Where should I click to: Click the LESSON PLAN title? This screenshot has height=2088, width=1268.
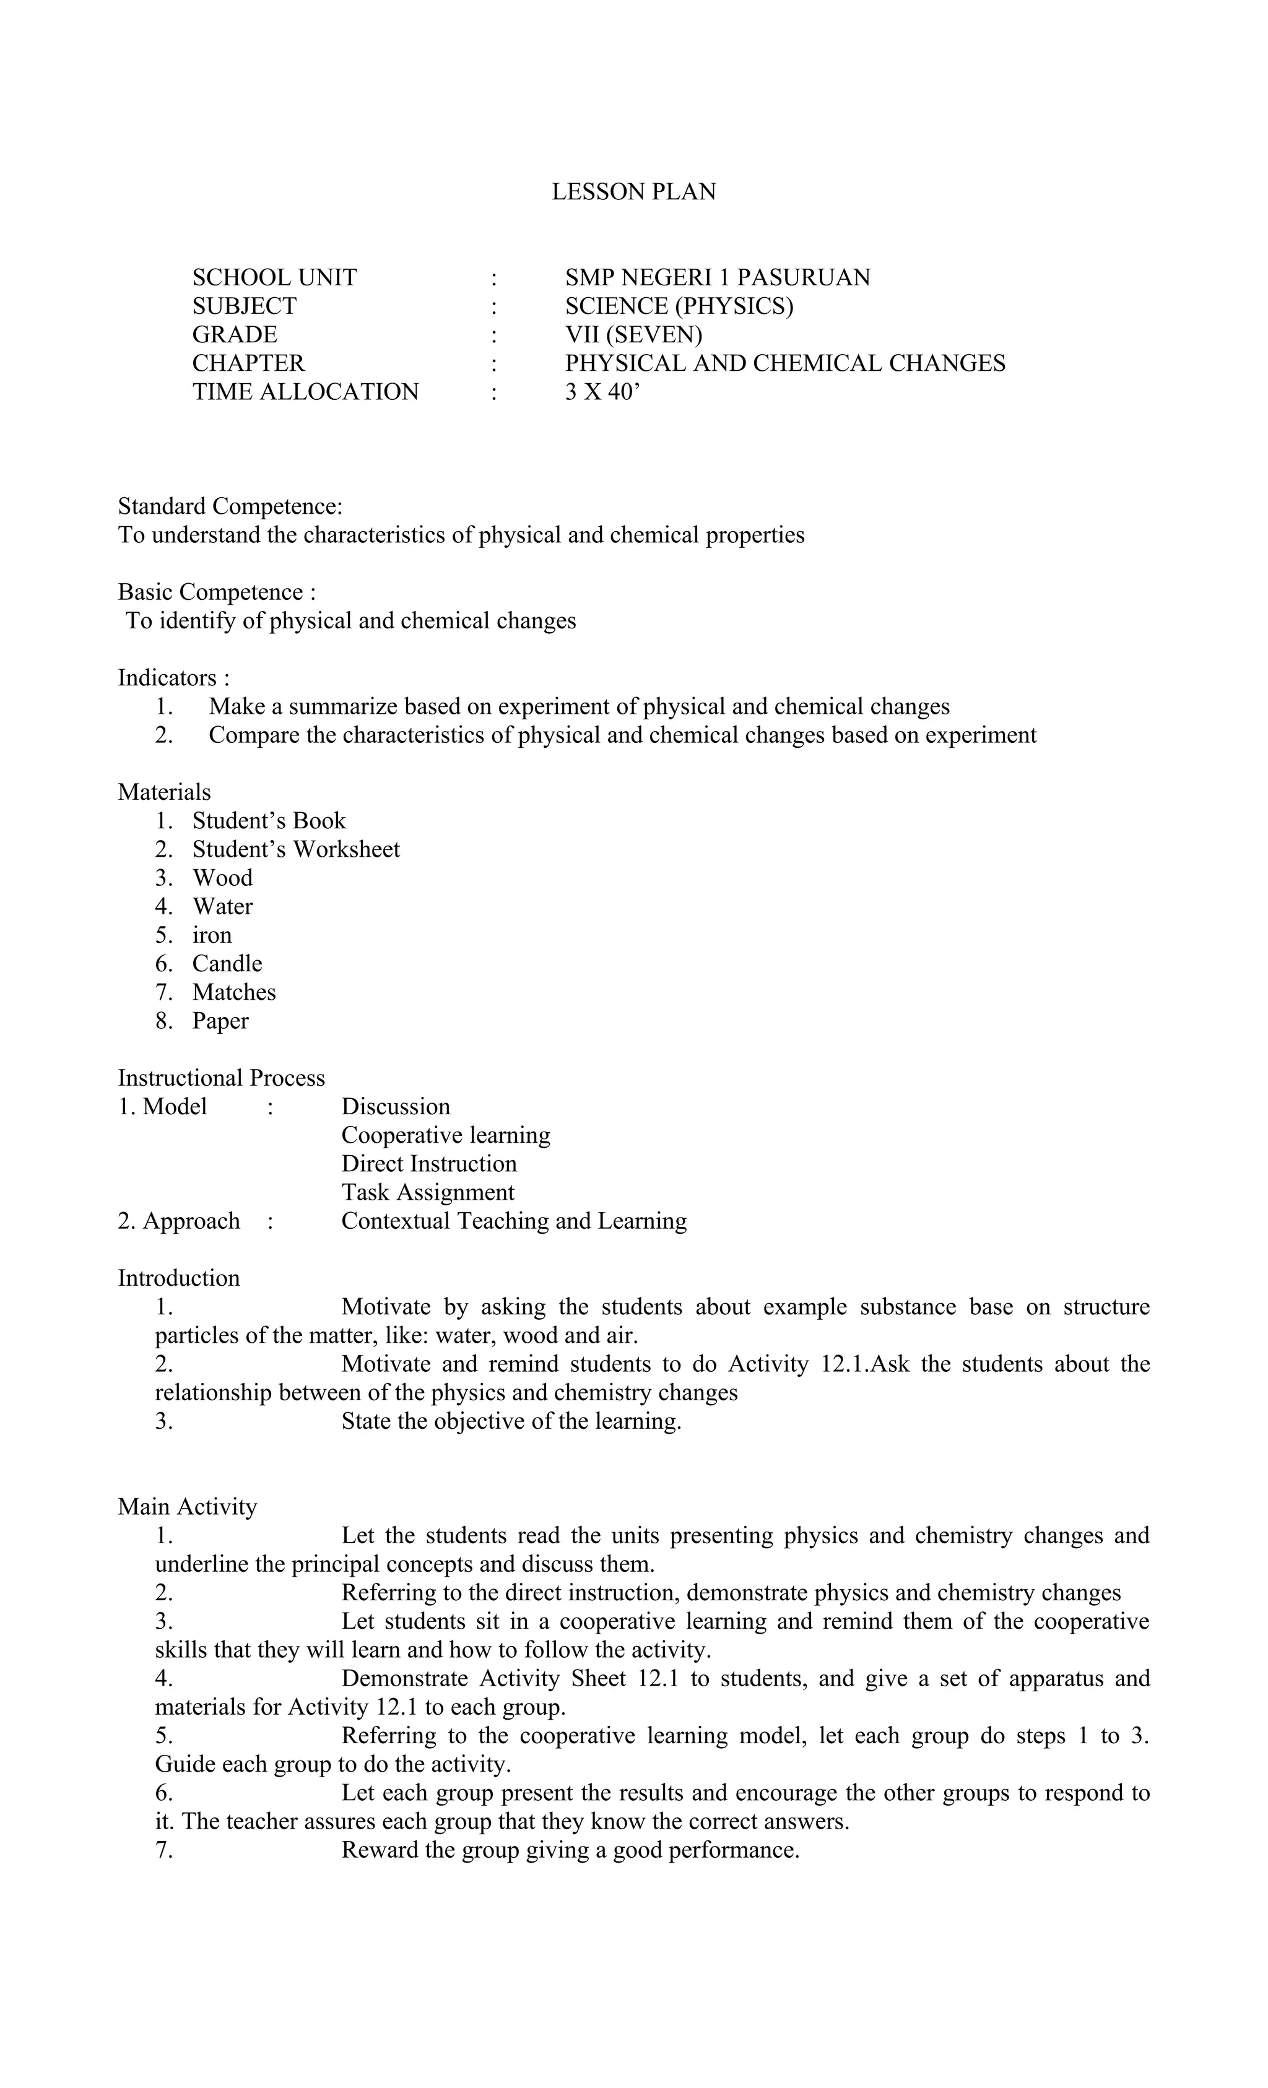tap(633, 191)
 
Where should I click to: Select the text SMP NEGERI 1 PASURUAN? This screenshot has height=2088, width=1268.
tap(717, 277)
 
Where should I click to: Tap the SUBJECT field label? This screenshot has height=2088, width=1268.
tap(244, 306)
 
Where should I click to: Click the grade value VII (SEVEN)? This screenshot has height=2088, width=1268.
tap(633, 335)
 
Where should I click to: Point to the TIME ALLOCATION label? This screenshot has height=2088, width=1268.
tap(305, 391)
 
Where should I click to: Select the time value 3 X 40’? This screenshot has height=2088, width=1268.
tap(602, 391)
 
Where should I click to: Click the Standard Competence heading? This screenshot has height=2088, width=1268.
tap(230, 506)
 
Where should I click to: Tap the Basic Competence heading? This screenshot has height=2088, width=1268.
tap(216, 592)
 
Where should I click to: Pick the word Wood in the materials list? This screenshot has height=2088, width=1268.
tap(222, 878)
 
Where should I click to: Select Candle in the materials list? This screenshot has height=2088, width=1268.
tap(227, 963)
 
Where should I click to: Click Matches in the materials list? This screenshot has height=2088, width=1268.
tap(234, 992)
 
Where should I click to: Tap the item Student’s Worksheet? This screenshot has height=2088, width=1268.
tap(296, 849)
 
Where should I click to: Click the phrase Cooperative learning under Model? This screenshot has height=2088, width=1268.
tap(445, 1135)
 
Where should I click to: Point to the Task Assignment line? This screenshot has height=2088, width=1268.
tap(427, 1192)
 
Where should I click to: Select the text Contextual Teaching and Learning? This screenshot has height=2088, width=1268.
tap(514, 1221)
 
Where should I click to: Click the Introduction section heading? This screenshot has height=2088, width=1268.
tap(178, 1278)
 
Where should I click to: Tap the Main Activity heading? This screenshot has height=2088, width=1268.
tap(188, 1507)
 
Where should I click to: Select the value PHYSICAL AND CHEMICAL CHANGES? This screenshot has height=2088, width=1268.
tap(785, 363)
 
